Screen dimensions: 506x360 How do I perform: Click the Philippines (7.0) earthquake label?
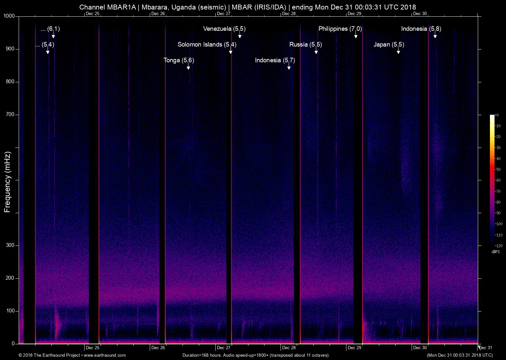[x=340, y=29]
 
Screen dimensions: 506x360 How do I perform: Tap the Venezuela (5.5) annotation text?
[x=224, y=29]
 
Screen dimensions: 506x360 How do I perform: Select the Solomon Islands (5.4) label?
[x=207, y=45]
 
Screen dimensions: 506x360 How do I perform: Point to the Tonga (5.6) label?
[x=179, y=60]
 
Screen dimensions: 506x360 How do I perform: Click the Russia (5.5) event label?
[x=306, y=45]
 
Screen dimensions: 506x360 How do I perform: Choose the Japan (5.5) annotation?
[x=389, y=45]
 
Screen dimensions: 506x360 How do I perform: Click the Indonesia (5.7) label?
[x=275, y=60]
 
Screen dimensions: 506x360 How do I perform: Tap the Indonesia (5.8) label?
[x=421, y=29]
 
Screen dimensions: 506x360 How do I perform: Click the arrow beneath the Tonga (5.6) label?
[x=188, y=66]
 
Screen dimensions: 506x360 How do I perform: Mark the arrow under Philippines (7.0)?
[x=356, y=35]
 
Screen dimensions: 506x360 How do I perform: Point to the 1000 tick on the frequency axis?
[x=9, y=16]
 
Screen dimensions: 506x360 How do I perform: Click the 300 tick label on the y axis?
[x=10, y=245]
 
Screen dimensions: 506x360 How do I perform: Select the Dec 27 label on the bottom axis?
[x=224, y=348]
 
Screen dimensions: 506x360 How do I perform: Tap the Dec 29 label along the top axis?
[x=354, y=13]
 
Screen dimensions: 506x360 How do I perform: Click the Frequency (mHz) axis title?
[x=7, y=182]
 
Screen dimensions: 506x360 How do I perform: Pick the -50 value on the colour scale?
[x=497, y=169]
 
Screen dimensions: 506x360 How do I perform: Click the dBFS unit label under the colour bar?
[x=496, y=252]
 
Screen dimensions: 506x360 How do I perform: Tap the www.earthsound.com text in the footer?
[x=105, y=355]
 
